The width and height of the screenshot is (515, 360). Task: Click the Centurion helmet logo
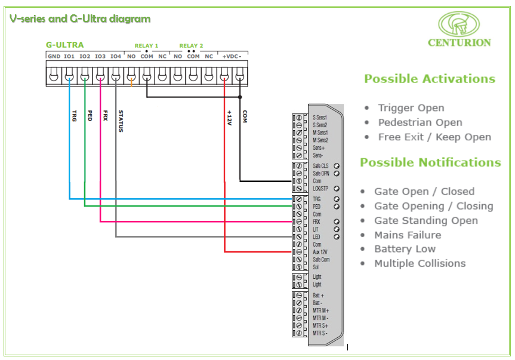(459, 24)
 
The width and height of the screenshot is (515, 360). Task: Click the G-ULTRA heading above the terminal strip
(64, 45)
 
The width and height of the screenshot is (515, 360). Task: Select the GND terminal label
(54, 56)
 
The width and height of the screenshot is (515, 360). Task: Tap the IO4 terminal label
(116, 56)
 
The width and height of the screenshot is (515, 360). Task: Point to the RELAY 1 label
(146, 46)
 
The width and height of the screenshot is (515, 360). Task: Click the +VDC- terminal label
(232, 56)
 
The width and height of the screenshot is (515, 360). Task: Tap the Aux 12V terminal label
(320, 252)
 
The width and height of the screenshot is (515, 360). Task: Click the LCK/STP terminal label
(320, 189)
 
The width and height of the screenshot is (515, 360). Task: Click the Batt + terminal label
(319, 296)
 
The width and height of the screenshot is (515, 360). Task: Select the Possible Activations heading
(430, 79)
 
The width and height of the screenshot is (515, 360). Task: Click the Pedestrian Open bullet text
(420, 122)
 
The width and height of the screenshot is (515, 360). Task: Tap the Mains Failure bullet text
(408, 235)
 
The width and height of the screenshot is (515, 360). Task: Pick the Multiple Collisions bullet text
(420, 263)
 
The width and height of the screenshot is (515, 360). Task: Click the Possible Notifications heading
(430, 162)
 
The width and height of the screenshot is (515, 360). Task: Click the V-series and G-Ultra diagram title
(80, 19)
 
